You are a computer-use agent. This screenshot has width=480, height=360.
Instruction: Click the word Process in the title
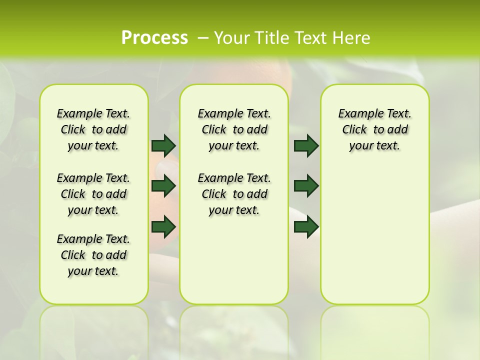point(154,37)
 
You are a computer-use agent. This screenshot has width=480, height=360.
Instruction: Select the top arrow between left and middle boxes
point(163,145)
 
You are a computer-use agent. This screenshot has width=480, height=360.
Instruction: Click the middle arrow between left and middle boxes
point(163,186)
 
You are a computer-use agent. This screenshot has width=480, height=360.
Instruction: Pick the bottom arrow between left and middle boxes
point(163,226)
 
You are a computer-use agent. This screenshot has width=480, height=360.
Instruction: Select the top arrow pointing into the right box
point(306,145)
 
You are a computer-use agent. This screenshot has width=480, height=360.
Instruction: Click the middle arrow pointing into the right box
point(306,186)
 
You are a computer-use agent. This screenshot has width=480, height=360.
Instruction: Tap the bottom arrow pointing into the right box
point(306,226)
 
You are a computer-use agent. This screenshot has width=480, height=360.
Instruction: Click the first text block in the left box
point(93,129)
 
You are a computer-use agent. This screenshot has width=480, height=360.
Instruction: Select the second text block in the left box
point(93,194)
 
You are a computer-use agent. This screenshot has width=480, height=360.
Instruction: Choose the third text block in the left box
point(93,255)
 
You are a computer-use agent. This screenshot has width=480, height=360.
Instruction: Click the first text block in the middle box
point(234,129)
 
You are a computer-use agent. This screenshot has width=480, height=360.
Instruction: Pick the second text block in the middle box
point(234,194)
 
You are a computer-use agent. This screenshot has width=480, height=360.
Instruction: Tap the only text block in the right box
point(374,129)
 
